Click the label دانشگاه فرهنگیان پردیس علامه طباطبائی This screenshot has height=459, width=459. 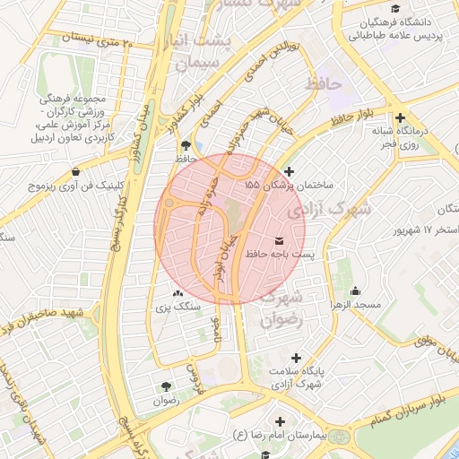[409, 29]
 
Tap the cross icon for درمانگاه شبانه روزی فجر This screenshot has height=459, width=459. [400, 117]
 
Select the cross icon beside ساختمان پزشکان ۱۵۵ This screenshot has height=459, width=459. [288, 171]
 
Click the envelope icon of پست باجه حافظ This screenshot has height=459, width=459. [280, 241]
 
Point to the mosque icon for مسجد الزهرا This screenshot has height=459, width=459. [356, 290]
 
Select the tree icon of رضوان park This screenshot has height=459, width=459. [167, 386]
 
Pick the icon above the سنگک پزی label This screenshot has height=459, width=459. [177, 293]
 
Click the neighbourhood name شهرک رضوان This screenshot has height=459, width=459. [285, 307]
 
